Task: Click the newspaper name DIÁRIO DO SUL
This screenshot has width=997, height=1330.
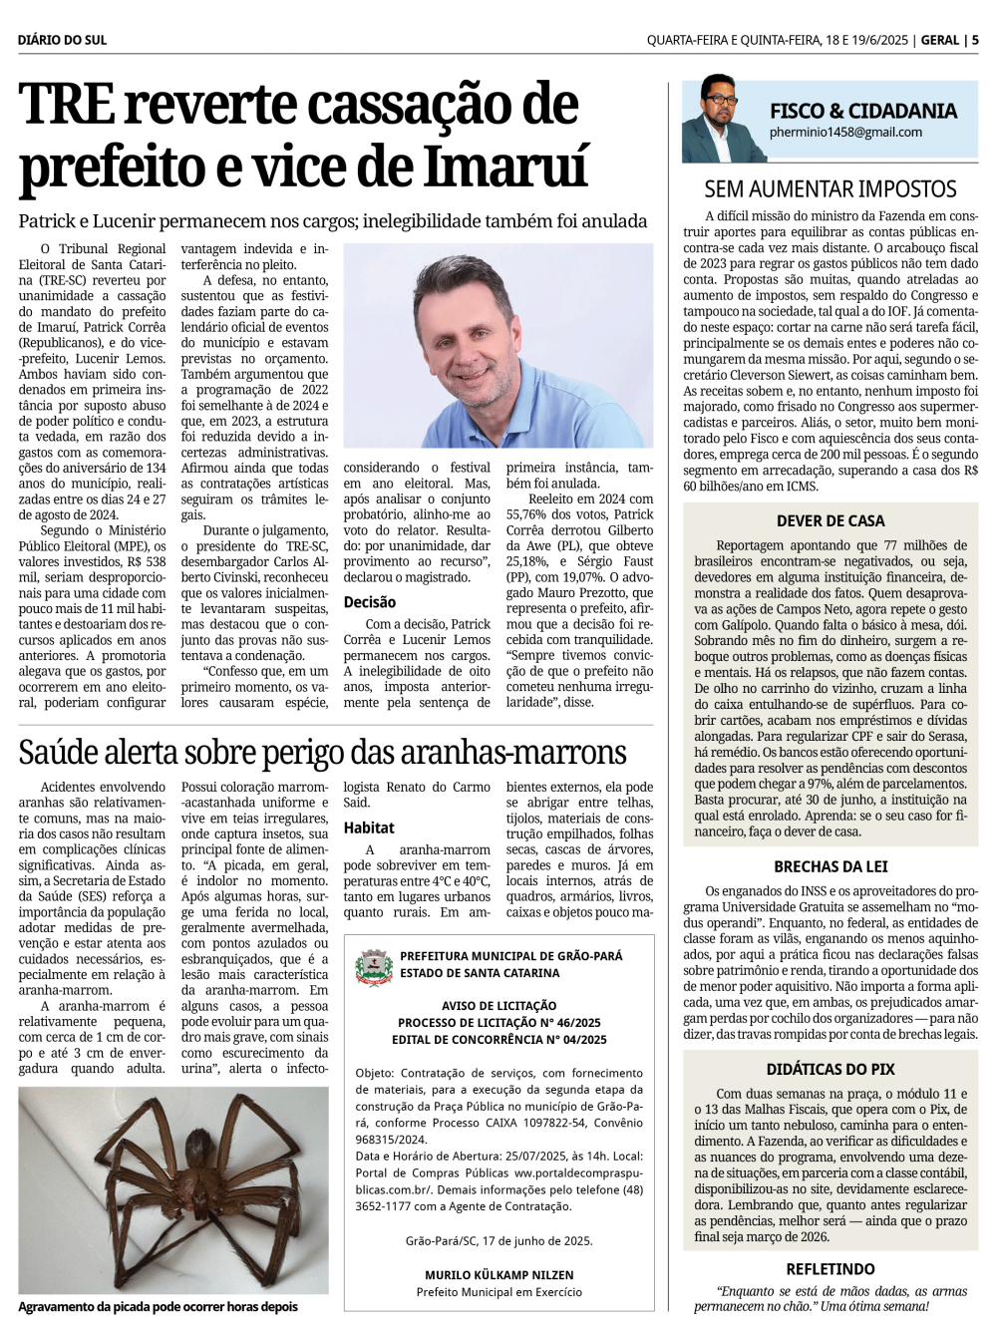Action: (62, 40)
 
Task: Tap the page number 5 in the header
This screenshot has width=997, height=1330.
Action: (975, 40)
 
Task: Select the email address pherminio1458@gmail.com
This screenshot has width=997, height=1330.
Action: (845, 132)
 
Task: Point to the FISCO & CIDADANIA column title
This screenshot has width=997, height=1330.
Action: (862, 110)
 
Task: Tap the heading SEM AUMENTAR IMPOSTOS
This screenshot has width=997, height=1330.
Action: (830, 188)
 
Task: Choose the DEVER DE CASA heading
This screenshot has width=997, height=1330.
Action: (831, 520)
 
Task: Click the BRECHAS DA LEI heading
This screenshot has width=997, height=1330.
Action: (831, 866)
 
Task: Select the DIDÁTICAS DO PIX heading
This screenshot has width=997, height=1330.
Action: (831, 1069)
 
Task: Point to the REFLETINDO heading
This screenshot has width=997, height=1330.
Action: (831, 1269)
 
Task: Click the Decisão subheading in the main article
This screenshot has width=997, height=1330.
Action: (370, 602)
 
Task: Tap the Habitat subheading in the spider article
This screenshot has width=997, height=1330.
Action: (369, 828)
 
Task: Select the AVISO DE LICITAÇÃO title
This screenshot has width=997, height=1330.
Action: (498, 1006)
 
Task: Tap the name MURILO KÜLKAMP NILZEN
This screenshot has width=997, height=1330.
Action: (498, 1275)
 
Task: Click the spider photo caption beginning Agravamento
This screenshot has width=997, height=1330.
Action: (158, 1307)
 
